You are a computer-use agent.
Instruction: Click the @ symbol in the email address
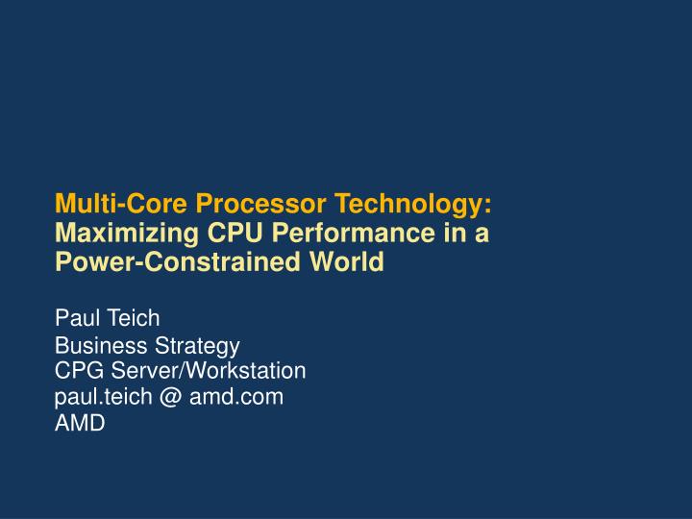point(169,395)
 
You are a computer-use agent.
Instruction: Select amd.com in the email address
point(235,395)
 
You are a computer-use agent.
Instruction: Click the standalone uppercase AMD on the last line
point(80,422)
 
